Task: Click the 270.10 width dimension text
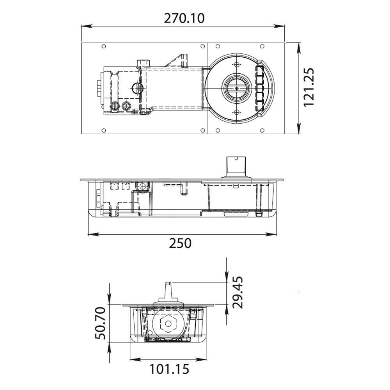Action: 183,18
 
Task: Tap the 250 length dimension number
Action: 181,243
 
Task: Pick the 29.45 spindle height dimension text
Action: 237,292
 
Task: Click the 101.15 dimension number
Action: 169,369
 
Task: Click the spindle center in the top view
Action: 237,89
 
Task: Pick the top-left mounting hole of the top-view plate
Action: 103,47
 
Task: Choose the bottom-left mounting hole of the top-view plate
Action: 103,130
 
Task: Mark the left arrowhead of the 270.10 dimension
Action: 83,27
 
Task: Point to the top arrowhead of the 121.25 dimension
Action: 299,45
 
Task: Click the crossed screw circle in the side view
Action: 143,186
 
